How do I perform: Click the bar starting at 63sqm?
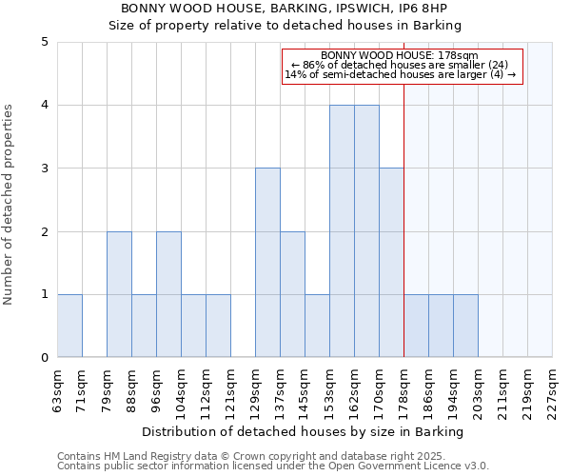click(x=69, y=326)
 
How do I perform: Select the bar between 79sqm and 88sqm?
click(x=119, y=294)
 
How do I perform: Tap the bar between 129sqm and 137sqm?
click(x=267, y=263)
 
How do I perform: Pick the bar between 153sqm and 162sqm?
click(x=342, y=231)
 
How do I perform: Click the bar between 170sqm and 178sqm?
click(x=391, y=263)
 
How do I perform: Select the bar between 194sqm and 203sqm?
click(x=465, y=326)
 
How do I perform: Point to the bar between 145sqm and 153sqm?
click(x=317, y=326)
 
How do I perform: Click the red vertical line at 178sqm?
click(x=404, y=219)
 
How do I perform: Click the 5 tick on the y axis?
click(x=44, y=42)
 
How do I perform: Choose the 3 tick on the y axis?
click(x=44, y=169)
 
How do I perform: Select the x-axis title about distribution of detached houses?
click(x=305, y=432)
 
